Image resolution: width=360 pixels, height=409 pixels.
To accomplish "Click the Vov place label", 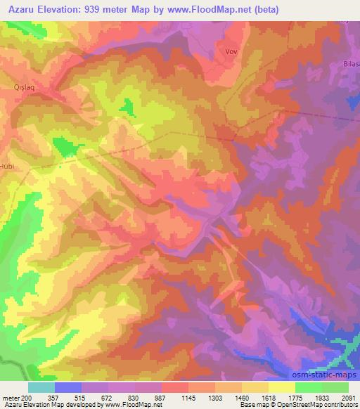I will coord(231,51).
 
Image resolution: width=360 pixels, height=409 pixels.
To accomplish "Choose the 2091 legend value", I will coord(348,398).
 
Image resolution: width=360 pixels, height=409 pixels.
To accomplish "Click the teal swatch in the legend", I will coord(41,387).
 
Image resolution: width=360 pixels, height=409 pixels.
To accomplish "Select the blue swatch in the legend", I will coord(68,387).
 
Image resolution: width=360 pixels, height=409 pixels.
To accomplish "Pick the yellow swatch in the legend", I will coord(282,387).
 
